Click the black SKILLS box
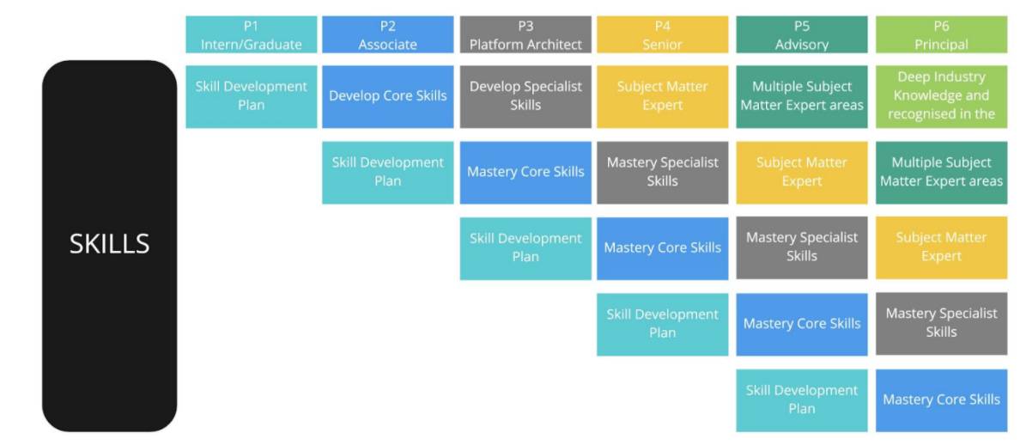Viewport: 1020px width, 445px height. (109, 245)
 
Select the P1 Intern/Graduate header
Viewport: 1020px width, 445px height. (251, 35)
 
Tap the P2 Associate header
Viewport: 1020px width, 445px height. (387, 35)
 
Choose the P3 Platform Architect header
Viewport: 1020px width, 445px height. (525, 35)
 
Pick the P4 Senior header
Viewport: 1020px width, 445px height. (662, 35)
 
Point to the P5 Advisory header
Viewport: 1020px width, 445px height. (801, 35)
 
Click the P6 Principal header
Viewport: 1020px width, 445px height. (941, 35)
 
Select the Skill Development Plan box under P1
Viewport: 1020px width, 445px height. (251, 96)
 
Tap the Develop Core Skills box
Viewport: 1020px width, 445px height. (387, 96)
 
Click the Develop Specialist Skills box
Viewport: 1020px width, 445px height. (525, 96)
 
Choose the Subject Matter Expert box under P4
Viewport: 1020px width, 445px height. (662, 96)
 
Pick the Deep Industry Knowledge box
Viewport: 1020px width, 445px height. (941, 96)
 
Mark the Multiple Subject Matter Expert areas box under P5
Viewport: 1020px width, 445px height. (801, 96)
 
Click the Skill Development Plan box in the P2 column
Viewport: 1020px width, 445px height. (387, 172)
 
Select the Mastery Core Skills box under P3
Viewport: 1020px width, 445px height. (525, 172)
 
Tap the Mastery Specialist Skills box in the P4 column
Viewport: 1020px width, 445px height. (662, 172)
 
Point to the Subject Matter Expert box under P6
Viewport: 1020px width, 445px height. (941, 247)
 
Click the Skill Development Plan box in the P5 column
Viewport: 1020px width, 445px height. (801, 399)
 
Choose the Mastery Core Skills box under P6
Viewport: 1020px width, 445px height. (941, 399)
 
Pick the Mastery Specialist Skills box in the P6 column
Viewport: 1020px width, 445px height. (941, 323)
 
